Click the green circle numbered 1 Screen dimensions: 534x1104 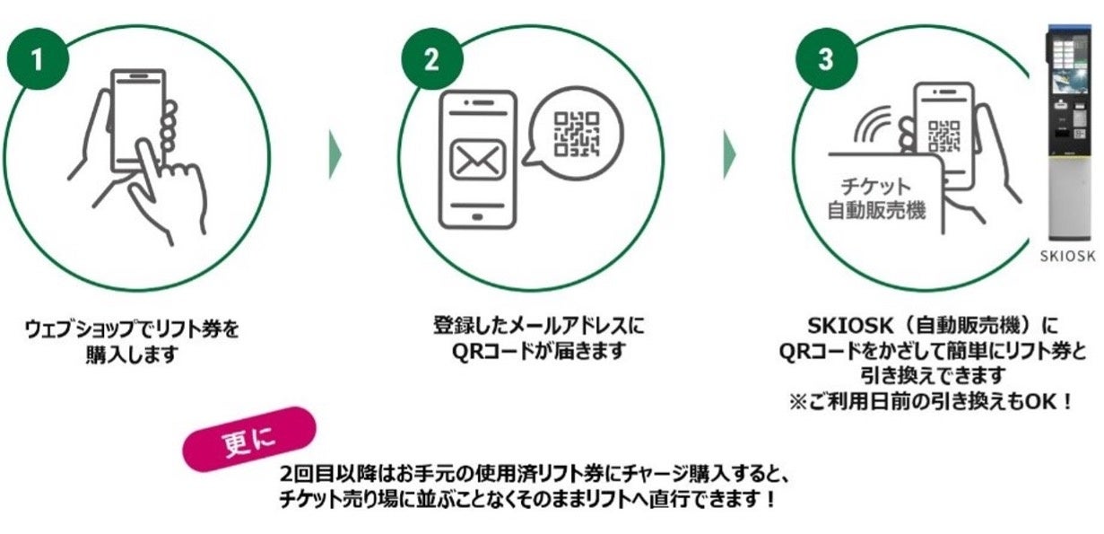[37, 59]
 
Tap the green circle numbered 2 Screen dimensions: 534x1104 [431, 59]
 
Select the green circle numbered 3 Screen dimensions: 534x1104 [825, 59]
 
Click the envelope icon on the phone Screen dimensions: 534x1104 [477, 159]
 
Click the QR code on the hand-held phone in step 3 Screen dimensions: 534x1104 [943, 135]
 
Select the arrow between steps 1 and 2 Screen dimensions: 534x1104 [335, 157]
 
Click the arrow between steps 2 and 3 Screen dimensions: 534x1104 [730, 157]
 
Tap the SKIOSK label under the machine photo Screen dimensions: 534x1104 [1068, 256]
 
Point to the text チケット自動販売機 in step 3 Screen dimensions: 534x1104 [875, 199]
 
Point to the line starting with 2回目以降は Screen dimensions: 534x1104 [534, 473]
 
